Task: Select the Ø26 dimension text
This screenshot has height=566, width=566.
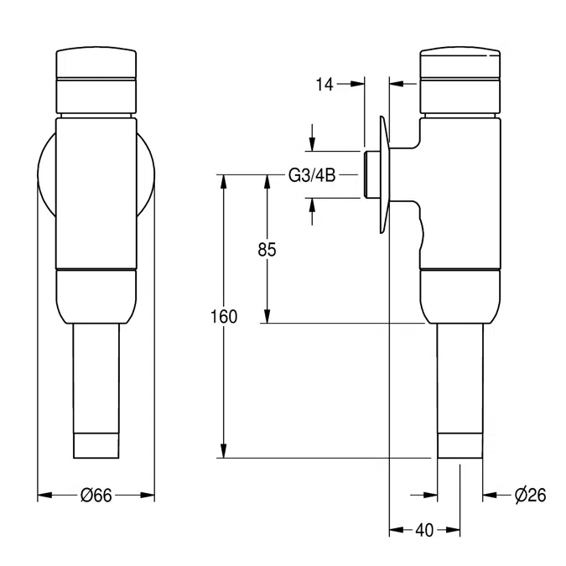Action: (x=530, y=496)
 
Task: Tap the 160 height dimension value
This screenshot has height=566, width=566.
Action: (x=225, y=316)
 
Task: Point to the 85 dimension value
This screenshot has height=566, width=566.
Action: (x=267, y=249)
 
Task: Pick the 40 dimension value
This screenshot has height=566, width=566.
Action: (x=424, y=530)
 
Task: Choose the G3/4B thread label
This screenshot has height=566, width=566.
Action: (x=311, y=175)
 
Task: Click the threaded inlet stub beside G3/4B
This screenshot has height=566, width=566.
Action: (x=370, y=174)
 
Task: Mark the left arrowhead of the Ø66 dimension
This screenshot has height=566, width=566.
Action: (x=44, y=496)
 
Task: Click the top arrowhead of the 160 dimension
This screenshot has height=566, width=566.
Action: (x=225, y=179)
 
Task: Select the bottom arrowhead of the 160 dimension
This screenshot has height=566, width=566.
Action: (x=225, y=453)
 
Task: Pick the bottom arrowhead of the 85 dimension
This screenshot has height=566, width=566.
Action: (x=267, y=318)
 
